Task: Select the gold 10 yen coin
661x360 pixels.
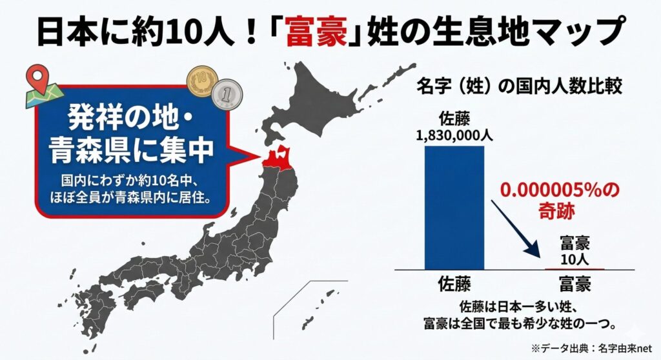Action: pyautogui.click(x=201, y=82)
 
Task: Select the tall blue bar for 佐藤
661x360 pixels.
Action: pyautogui.click(x=454, y=206)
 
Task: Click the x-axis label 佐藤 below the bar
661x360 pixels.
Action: pyautogui.click(x=454, y=284)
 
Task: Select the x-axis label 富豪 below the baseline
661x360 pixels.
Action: pyautogui.click(x=574, y=284)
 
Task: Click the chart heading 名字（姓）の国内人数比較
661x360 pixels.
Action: pyautogui.click(x=520, y=86)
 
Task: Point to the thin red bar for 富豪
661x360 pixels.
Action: pyautogui.click(x=574, y=268)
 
